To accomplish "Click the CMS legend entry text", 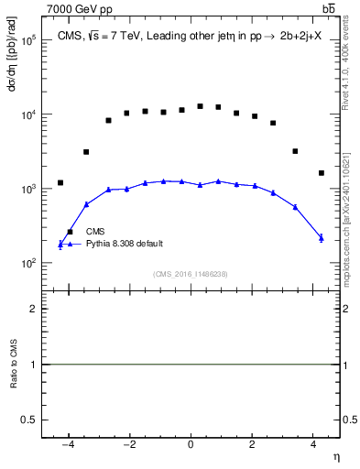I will (x=96, y=232).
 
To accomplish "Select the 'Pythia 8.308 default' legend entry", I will (x=125, y=244).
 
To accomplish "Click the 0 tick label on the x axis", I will (x=191, y=444).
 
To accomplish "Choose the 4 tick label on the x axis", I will (x=313, y=444).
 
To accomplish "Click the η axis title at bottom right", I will (x=335, y=456).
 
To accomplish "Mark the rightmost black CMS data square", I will (x=322, y=172).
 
